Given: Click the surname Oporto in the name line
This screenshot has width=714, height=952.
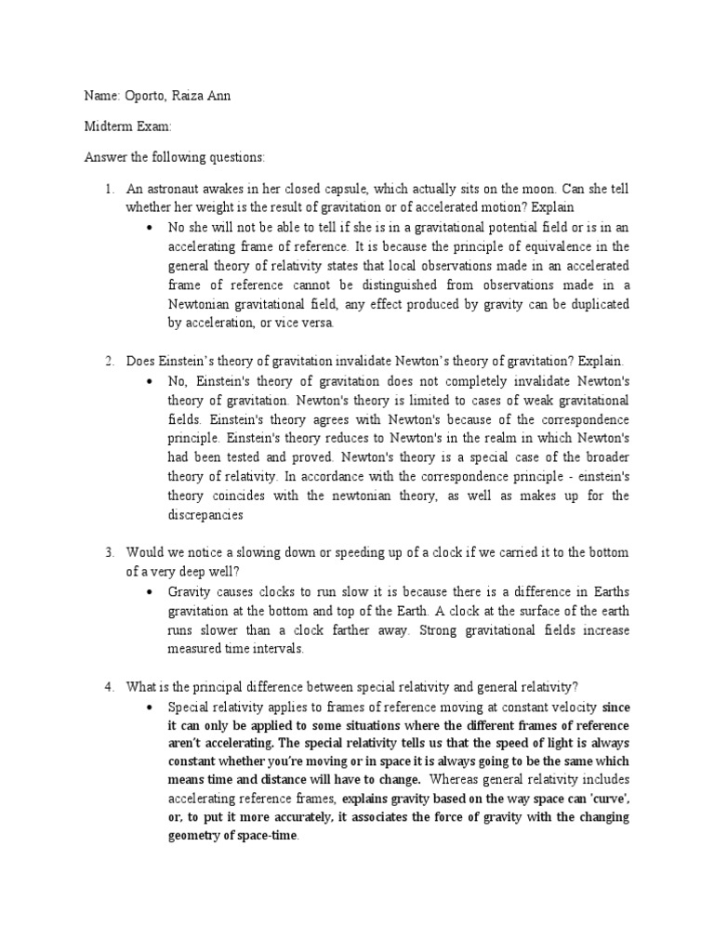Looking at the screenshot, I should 138,98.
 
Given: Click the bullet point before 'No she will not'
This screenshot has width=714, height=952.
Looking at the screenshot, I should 152,228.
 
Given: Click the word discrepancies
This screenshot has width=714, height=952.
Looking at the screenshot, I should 205,514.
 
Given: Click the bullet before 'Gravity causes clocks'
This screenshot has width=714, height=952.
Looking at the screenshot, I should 152,591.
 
